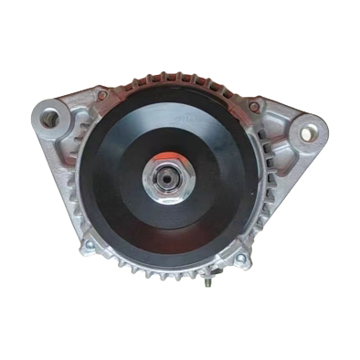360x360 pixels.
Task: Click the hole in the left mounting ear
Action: pyautogui.click(x=51, y=118)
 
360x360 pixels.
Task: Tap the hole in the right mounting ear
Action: pyautogui.click(x=307, y=133)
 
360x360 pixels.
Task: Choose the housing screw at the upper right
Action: pyautogui.click(x=253, y=107)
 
